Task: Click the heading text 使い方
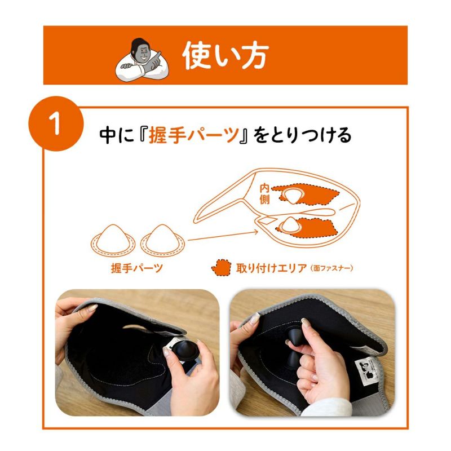(225, 55)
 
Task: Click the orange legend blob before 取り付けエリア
(221, 268)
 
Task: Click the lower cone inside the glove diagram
(292, 223)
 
